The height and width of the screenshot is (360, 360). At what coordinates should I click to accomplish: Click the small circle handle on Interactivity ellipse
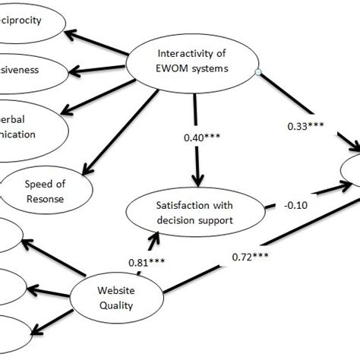pos(259,74)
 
